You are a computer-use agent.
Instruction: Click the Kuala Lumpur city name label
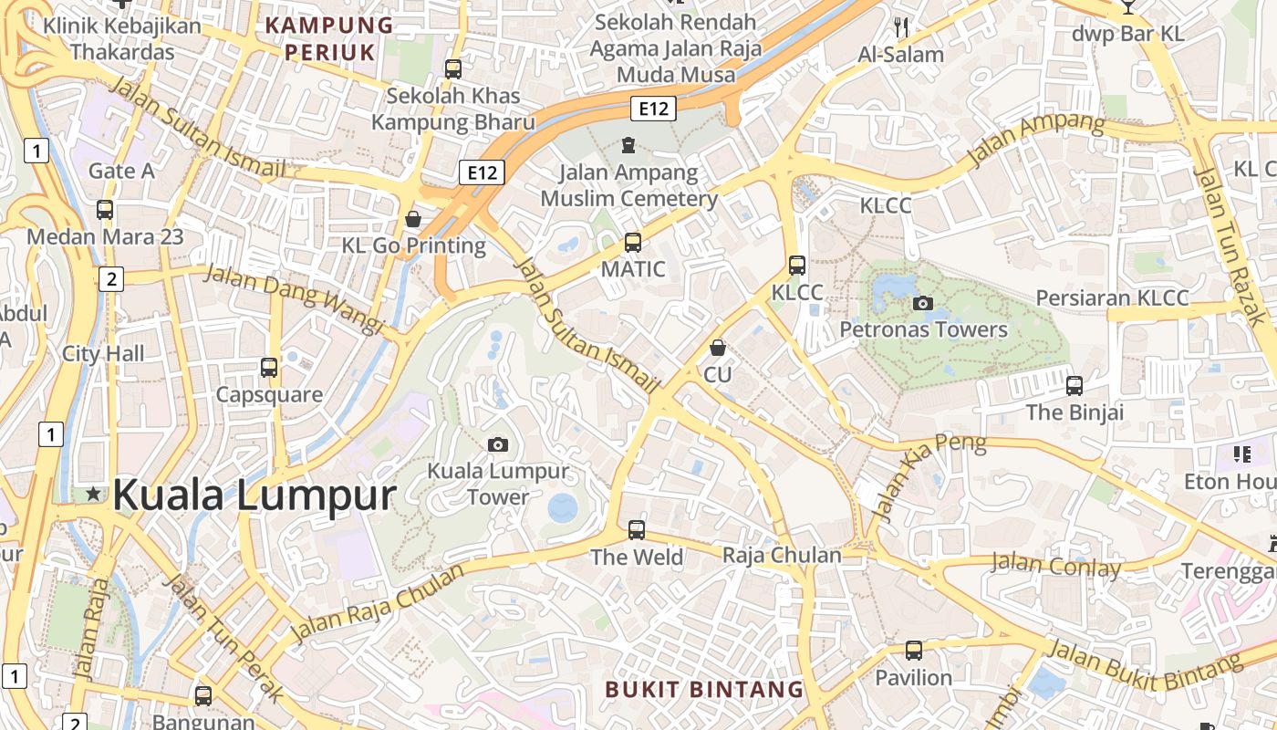pyautogui.click(x=254, y=495)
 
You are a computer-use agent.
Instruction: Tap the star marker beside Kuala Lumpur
pyautogui.click(x=93, y=494)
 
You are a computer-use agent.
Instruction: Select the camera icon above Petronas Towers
pyautogui.click(x=923, y=303)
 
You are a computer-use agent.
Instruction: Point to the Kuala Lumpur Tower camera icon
pyautogui.click(x=497, y=444)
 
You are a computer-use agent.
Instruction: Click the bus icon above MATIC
pyautogui.click(x=632, y=243)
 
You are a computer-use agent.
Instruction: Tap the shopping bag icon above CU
pyautogui.click(x=718, y=348)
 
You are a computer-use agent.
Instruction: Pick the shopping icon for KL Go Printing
pyautogui.click(x=413, y=219)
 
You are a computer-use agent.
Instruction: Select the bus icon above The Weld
pyautogui.click(x=636, y=529)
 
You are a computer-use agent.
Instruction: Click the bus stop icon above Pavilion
pyautogui.click(x=913, y=651)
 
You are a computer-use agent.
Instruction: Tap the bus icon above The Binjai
pyautogui.click(x=1075, y=385)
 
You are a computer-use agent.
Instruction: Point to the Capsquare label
pyautogui.click(x=269, y=394)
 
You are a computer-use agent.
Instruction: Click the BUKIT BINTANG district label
pyautogui.click(x=704, y=689)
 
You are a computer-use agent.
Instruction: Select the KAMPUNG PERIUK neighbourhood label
pyautogui.click(x=329, y=38)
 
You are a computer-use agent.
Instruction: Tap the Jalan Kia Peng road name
pyautogui.click(x=929, y=480)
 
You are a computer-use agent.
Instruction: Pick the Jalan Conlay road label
pyautogui.click(x=1055, y=565)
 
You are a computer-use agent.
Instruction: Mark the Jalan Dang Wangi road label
pyautogui.click(x=293, y=297)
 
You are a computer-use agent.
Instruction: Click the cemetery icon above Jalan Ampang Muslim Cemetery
pyautogui.click(x=628, y=145)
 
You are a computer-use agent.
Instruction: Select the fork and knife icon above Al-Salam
pyautogui.click(x=901, y=27)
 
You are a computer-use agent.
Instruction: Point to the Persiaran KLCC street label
pyautogui.click(x=1112, y=298)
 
